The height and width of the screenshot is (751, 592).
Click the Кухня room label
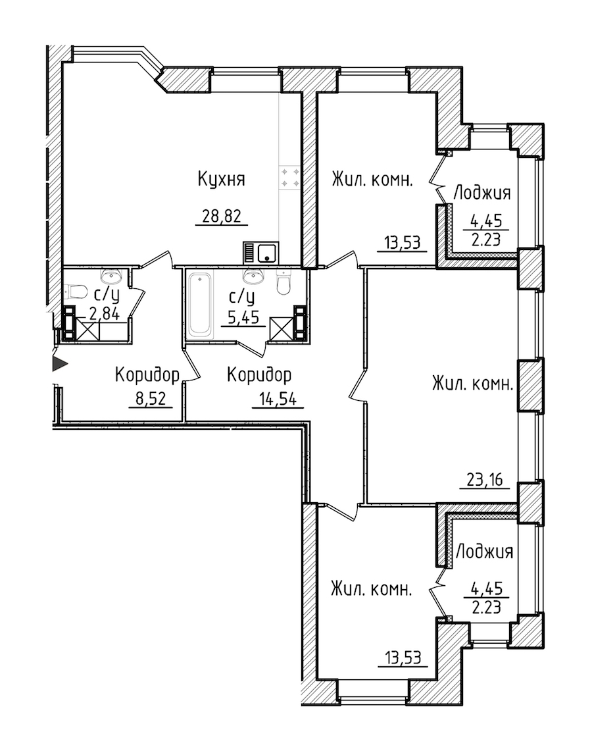(x=221, y=180)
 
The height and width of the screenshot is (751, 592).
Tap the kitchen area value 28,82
(x=221, y=217)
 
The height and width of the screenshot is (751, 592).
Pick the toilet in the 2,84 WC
(x=75, y=290)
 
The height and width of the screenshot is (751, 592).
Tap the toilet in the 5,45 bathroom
(x=284, y=282)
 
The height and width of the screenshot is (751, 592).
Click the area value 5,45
(x=243, y=317)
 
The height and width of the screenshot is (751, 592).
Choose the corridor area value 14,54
(x=278, y=399)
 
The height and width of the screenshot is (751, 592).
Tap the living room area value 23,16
(x=484, y=479)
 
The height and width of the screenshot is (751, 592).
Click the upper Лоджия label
(x=481, y=193)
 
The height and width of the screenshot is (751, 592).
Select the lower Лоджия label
(x=484, y=552)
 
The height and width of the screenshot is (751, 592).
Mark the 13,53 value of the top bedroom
(x=402, y=242)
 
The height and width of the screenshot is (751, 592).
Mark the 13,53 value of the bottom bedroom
(x=402, y=658)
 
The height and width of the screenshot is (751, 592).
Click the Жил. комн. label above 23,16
(x=473, y=384)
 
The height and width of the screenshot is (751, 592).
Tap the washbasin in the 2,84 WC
(x=112, y=275)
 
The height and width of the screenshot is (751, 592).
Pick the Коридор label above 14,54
(x=259, y=375)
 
